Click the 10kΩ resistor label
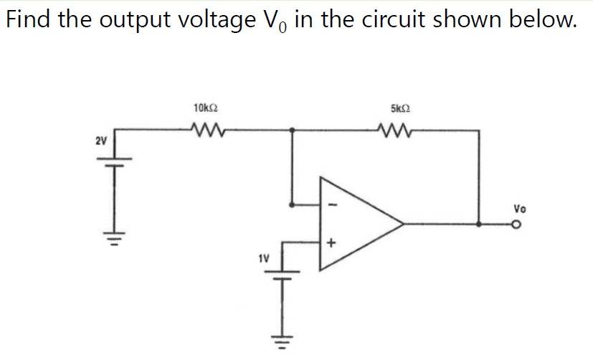(206, 109)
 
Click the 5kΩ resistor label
(400, 109)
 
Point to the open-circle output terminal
(515, 224)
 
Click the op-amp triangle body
(355, 223)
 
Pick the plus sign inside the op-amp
(331, 244)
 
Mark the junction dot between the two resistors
(292, 130)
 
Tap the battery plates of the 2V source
(118, 161)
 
